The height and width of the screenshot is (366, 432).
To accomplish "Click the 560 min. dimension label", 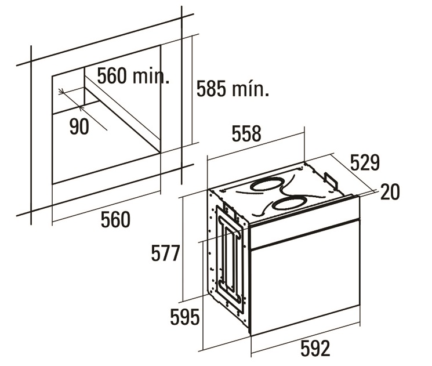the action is (133, 77).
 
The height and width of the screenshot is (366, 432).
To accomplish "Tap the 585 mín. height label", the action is (233, 89).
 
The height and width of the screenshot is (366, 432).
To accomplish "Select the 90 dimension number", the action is (79, 126).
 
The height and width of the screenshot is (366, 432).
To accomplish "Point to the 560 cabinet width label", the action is (115, 220).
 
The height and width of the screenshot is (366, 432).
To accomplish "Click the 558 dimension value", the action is (246, 133).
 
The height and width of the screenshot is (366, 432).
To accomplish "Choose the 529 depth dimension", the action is (365, 162).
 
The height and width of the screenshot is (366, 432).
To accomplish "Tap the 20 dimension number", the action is (390, 192).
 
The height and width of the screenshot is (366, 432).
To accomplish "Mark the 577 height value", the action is (166, 253).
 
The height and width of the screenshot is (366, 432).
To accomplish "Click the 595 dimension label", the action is (184, 317).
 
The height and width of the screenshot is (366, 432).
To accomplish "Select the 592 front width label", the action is (315, 349).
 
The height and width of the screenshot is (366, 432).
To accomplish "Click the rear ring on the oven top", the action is (266, 185).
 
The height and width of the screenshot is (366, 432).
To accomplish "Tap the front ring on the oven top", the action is (289, 204).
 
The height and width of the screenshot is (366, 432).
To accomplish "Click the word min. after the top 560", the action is (151, 77).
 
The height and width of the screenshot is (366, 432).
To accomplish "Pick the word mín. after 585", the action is (251, 89).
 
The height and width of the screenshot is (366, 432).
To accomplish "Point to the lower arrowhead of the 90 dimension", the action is (81, 107).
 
